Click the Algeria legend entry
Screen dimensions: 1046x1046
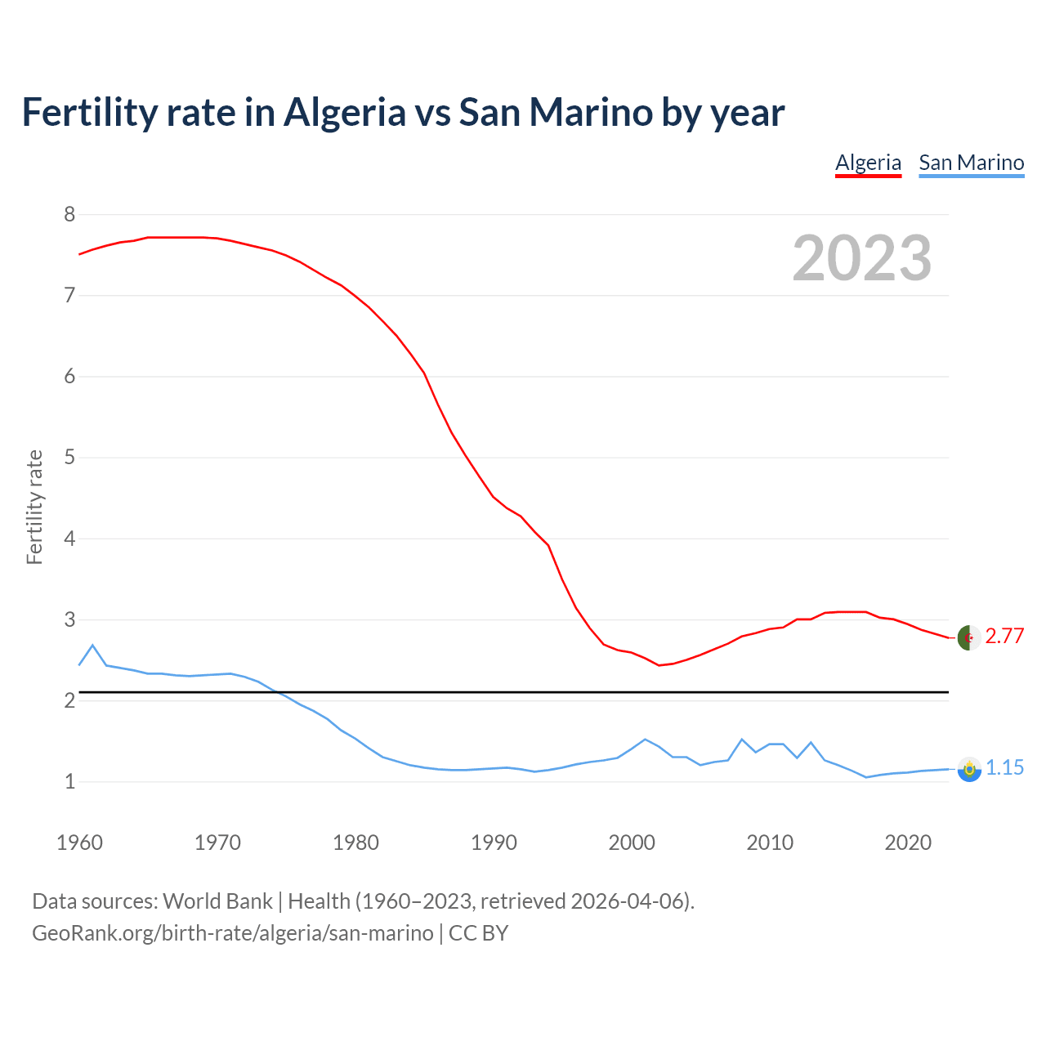868,163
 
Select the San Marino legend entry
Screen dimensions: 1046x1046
971,163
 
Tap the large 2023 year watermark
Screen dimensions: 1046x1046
862,258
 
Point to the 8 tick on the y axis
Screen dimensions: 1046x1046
69,214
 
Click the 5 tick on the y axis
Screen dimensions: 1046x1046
69,457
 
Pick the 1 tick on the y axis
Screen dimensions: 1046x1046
69,781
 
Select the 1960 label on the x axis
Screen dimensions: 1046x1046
79,843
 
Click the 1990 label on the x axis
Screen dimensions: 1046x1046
494,843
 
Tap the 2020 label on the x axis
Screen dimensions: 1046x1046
908,843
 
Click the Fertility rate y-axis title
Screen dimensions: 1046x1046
34,507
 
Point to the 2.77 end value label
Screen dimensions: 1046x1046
1004,636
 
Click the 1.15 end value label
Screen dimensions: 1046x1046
1004,767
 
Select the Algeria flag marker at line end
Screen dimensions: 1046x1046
969,637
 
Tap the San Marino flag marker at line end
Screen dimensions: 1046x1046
969,769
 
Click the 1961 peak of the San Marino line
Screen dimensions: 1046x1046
92,646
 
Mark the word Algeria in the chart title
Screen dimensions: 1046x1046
344,112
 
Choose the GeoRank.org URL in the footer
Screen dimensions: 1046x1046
233,932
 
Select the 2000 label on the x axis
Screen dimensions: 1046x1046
632,843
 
